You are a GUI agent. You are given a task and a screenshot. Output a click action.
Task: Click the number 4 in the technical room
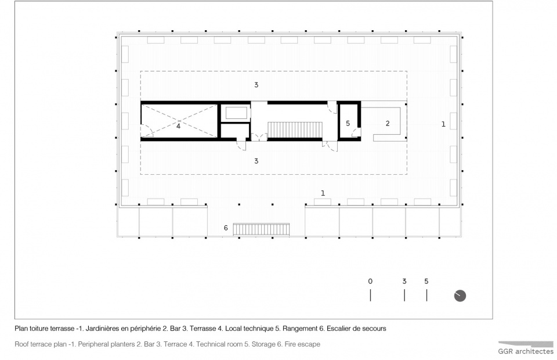pyautogui.click(x=178, y=126)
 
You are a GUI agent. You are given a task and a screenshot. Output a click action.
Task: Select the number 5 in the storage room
pyautogui.click(x=348, y=123)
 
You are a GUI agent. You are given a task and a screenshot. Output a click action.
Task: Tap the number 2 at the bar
pyautogui.click(x=388, y=123)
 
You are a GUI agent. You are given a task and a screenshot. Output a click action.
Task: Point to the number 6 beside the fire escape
pyautogui.click(x=226, y=228)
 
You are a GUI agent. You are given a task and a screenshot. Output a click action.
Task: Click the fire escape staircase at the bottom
pyautogui.click(x=261, y=229)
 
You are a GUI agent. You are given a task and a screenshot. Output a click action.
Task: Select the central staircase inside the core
pyautogui.click(x=295, y=129)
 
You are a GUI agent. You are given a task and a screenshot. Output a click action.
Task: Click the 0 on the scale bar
pyautogui.click(x=370, y=281)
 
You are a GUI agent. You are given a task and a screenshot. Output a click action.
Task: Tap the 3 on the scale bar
pyautogui.click(x=404, y=281)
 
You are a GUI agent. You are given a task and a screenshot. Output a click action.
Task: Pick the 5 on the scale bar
pyautogui.click(x=426, y=281)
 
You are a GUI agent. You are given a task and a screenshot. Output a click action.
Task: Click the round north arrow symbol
pyautogui.click(x=460, y=296)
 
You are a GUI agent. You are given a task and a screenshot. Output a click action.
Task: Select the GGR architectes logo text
pyautogui.click(x=526, y=351)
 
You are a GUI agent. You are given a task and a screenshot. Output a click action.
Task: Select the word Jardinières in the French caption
pyautogui.click(x=102, y=329)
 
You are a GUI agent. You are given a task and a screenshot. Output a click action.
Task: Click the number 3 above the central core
pyautogui.click(x=256, y=85)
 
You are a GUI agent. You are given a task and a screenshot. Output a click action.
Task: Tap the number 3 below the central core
pyautogui.click(x=256, y=161)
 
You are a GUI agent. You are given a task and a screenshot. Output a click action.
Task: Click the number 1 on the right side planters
pyautogui.click(x=443, y=124)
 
